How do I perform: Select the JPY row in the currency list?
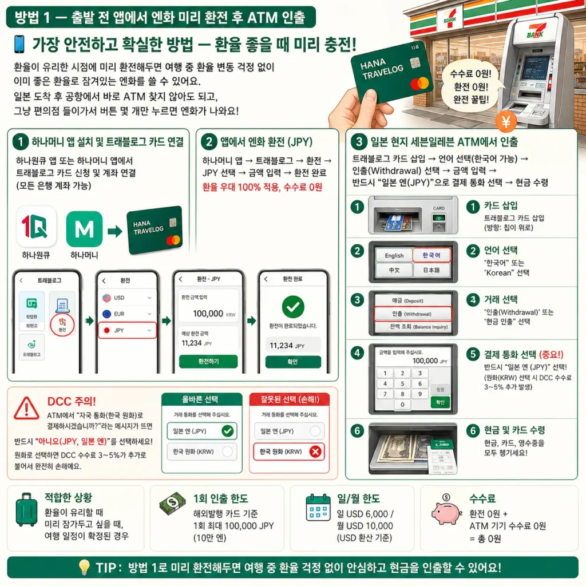pyautogui.click(x=127, y=330)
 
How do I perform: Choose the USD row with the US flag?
pyautogui.click(x=127, y=298)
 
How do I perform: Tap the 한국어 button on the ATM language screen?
pyautogui.click(x=432, y=255)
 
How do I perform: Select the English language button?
pyautogui.click(x=394, y=255)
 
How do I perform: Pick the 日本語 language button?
pyautogui.click(x=432, y=270)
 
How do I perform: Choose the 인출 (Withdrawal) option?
pyautogui.click(x=413, y=314)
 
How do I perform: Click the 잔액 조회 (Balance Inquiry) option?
pyautogui.click(x=413, y=327)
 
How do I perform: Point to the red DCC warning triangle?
pyautogui.click(x=26, y=407)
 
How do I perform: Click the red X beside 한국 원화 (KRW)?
pyautogui.click(x=314, y=452)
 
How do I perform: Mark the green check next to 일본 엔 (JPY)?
pyautogui.click(x=227, y=431)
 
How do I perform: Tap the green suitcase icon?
pyautogui.click(x=26, y=511)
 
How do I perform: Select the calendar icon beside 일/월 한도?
pyautogui.click(x=318, y=508)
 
